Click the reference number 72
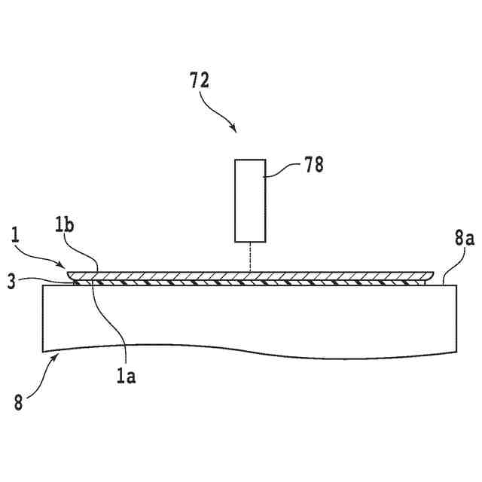pyautogui.click(x=200, y=81)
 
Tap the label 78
pyautogui.click(x=313, y=166)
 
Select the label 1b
pyautogui.click(x=65, y=225)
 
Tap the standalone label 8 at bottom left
pyautogui.click(x=19, y=401)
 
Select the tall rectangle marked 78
pyautogui.click(x=250, y=200)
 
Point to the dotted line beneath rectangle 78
pyautogui.click(x=250, y=257)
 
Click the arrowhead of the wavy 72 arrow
pyautogui.click(x=235, y=130)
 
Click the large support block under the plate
pyautogui.click(x=249, y=316)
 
